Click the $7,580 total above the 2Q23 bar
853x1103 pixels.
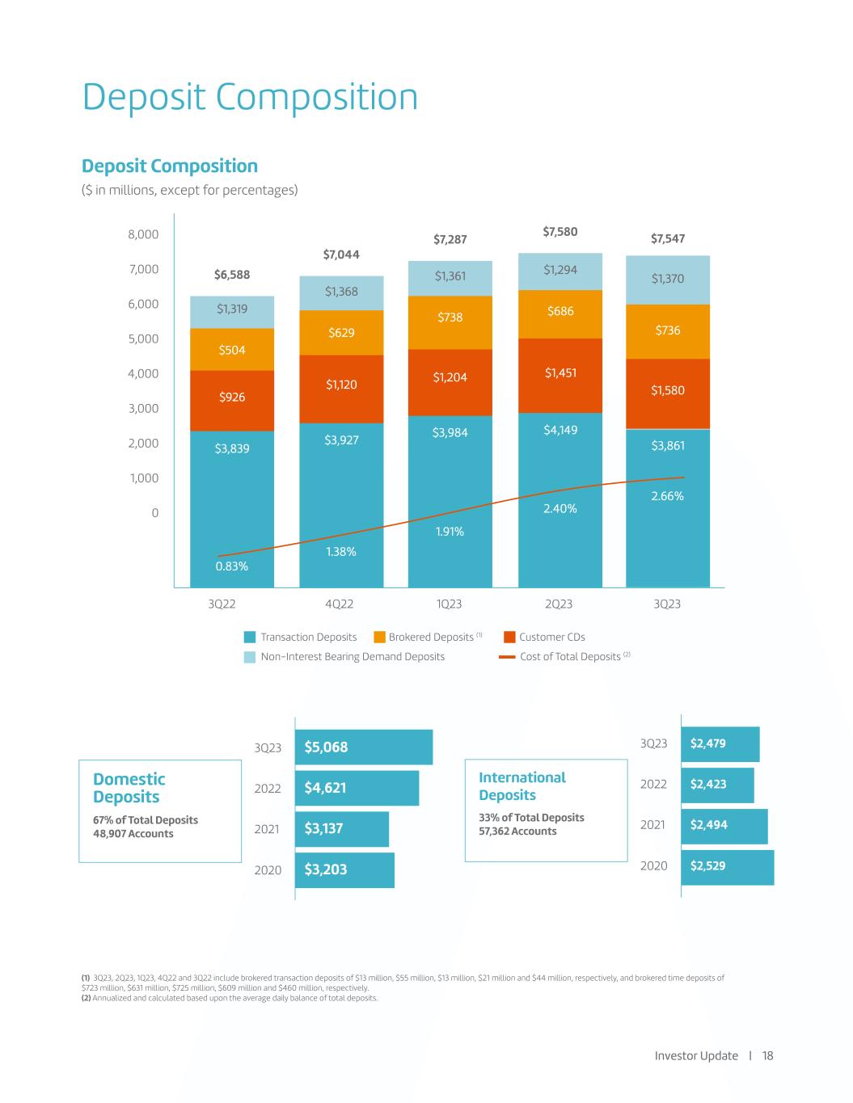[560, 232]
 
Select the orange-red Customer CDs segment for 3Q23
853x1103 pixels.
[668, 393]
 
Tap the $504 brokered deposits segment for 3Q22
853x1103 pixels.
[232, 350]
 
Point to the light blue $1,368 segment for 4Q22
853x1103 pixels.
[341, 292]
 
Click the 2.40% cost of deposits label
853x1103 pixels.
[560, 508]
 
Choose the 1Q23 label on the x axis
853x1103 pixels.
[449, 604]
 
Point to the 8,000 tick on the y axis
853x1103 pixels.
[144, 234]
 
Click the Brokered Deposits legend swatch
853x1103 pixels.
[379, 637]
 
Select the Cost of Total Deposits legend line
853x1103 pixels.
[507, 657]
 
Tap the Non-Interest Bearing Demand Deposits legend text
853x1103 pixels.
[353, 656]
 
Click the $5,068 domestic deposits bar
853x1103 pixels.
[364, 747]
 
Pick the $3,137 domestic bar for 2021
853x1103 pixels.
[341, 828]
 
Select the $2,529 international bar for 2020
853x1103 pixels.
[728, 866]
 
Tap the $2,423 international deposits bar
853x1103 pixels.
[718, 784]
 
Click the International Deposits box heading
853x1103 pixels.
[522, 785]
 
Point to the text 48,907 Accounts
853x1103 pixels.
[133, 834]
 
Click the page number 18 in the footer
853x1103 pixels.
[767, 1055]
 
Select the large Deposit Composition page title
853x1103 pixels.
[250, 97]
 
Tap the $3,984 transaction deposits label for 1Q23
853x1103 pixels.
[450, 433]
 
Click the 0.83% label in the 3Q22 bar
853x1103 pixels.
[232, 566]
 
